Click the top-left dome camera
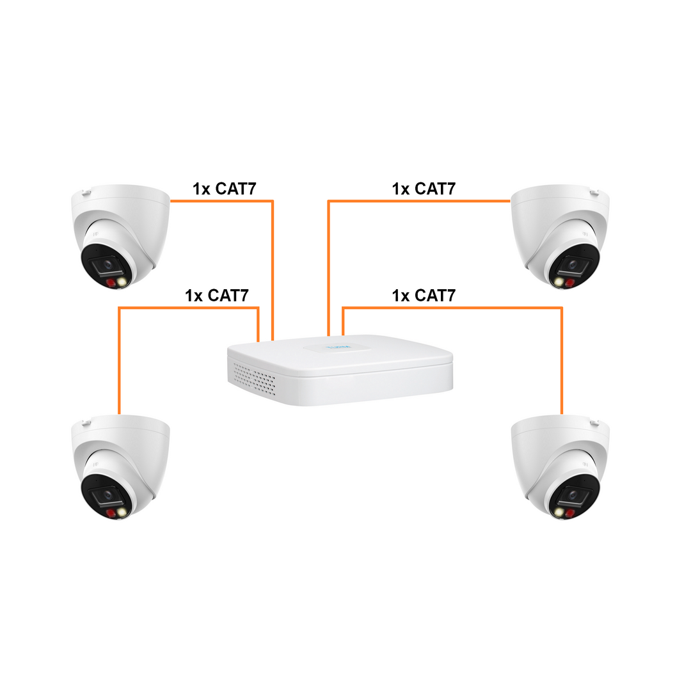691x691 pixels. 120,236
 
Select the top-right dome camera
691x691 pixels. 560,236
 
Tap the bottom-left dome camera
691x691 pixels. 120,467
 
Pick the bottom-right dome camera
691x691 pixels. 560,467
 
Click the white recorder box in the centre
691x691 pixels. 340,370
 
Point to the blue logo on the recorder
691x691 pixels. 338,347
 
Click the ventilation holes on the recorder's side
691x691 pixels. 254,379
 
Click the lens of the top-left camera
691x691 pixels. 108,265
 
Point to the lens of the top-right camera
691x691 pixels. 573,265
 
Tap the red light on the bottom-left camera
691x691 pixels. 111,513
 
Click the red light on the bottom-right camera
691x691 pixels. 569,513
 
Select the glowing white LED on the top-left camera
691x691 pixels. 122,281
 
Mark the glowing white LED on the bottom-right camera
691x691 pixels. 559,512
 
